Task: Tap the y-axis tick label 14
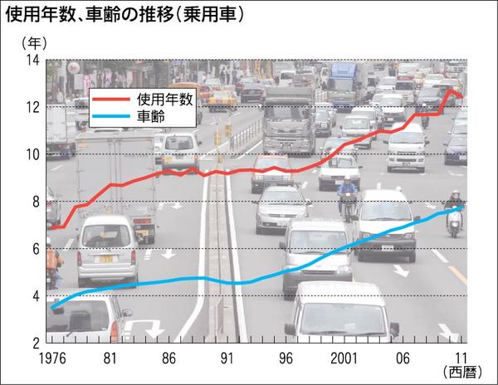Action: (33, 61)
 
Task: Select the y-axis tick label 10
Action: (33, 154)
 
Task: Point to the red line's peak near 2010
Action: (449, 90)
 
